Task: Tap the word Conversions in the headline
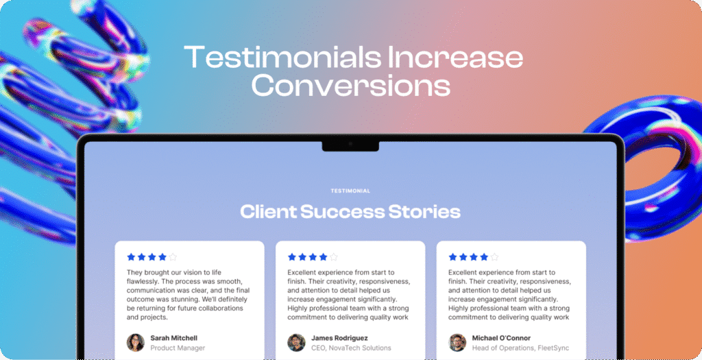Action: tap(350, 85)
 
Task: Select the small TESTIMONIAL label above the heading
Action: tap(350, 191)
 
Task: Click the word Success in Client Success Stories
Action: tap(342, 211)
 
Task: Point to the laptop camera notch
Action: tap(350, 146)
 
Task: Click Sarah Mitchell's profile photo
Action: tap(135, 343)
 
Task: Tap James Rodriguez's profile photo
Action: tap(296, 343)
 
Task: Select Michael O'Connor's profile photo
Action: tap(457, 343)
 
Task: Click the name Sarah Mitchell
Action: tap(173, 338)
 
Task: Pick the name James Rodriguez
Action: tap(339, 338)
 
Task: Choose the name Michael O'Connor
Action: tap(501, 338)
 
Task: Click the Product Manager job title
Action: tap(178, 348)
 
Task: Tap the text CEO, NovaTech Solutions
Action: tap(351, 348)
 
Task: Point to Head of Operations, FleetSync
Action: tap(521, 348)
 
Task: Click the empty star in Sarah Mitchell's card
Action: tap(173, 257)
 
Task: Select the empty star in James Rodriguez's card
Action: tap(334, 257)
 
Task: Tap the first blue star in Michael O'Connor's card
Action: tap(452, 257)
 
